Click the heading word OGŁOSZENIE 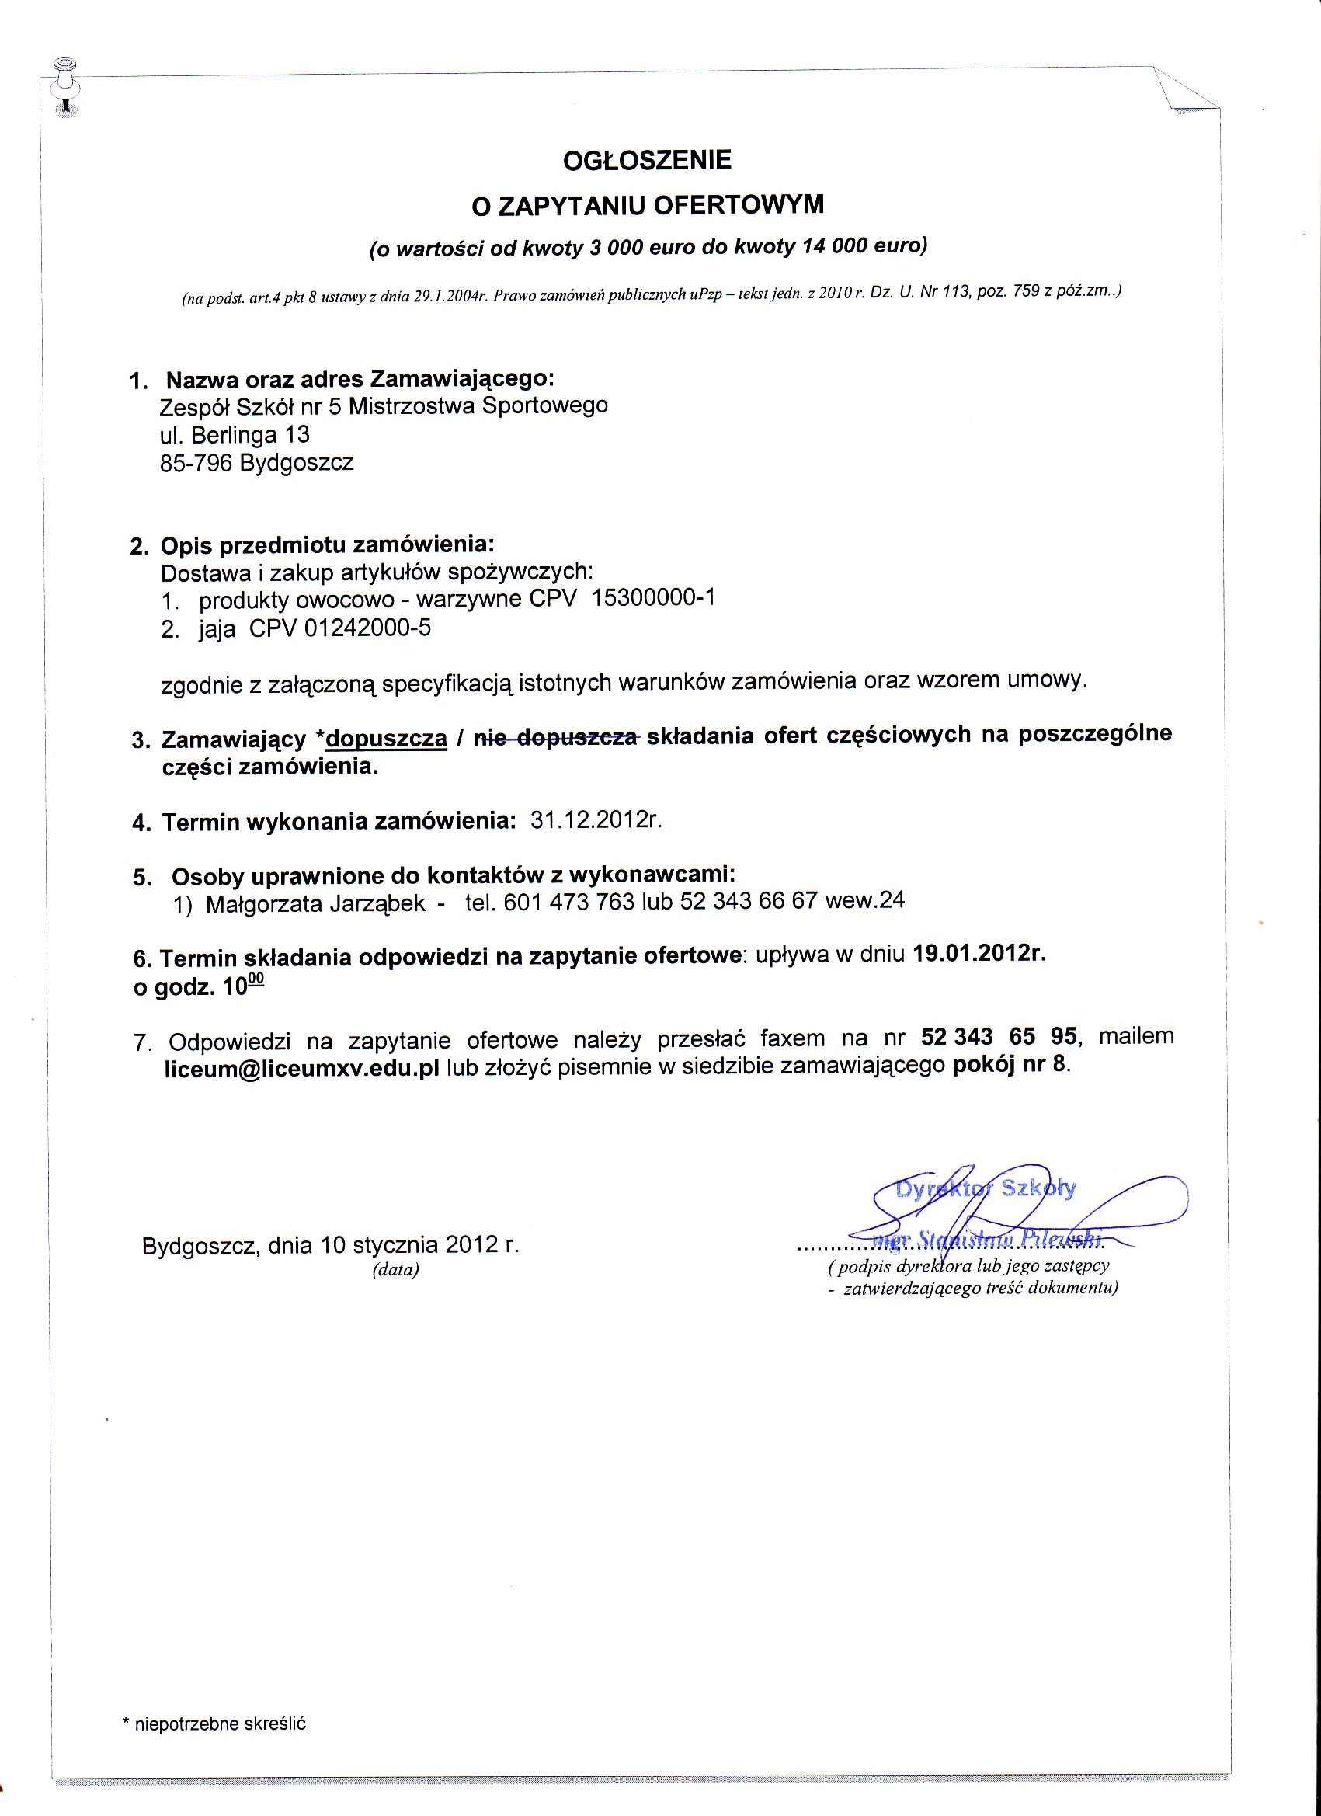coord(647,160)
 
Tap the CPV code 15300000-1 coord(652,598)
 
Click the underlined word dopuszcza coord(386,738)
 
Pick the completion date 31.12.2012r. coord(596,821)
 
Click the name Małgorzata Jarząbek coord(315,904)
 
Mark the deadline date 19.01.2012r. coord(979,954)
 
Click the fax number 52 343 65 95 coord(999,1037)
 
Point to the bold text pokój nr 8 coord(1010,1065)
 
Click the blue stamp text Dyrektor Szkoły coord(986,1188)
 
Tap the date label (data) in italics coord(395,1270)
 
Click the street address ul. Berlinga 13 coord(235,436)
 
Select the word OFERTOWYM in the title coord(738,205)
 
